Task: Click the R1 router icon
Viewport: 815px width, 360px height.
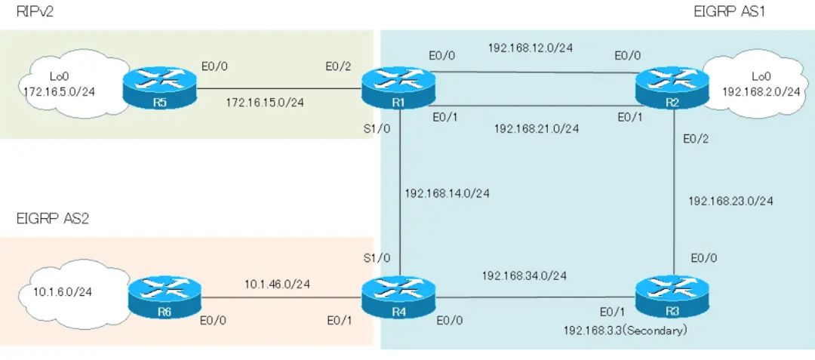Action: click(398, 88)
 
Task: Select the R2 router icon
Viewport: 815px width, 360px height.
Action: click(672, 88)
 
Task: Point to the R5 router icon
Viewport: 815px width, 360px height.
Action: click(159, 88)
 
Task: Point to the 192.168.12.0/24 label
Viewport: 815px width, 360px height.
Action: click(531, 48)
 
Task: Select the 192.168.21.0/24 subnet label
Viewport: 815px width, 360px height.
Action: click(537, 128)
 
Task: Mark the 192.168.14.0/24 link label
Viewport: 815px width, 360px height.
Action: click(447, 193)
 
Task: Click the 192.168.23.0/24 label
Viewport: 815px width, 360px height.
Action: click(730, 201)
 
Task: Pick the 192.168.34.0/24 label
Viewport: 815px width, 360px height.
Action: click(524, 275)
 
